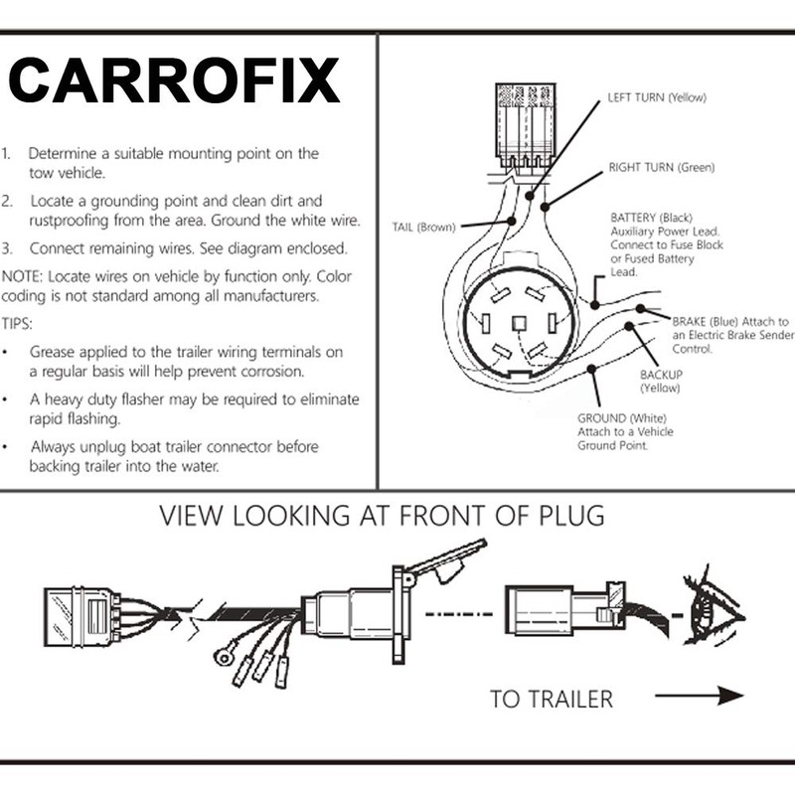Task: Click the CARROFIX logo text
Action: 174,82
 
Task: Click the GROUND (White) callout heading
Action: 621,418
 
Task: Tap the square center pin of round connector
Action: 518,322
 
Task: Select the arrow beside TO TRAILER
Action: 714,696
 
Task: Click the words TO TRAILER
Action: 551,698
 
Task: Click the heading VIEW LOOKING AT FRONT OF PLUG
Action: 382,517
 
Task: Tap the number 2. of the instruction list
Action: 9,202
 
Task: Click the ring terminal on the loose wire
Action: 224,656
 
